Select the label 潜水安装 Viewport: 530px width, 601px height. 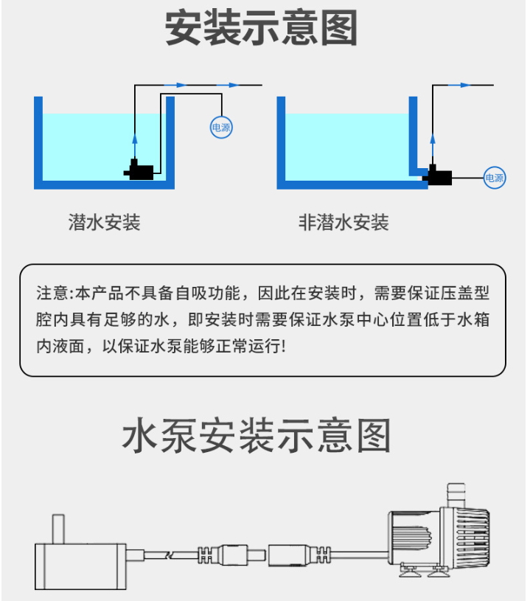tap(104, 223)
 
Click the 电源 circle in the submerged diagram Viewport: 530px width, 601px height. tap(221, 128)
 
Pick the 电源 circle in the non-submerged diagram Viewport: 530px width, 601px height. tap(495, 178)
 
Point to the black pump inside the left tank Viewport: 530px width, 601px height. tap(139, 170)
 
